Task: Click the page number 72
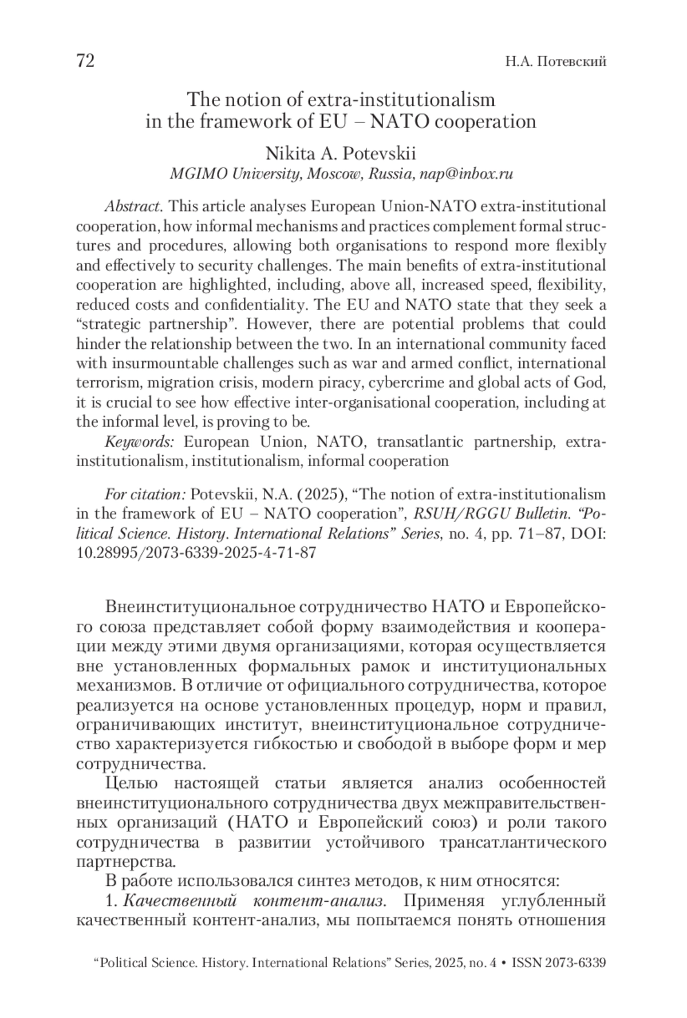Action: (x=85, y=61)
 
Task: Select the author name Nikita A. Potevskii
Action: (x=341, y=154)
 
